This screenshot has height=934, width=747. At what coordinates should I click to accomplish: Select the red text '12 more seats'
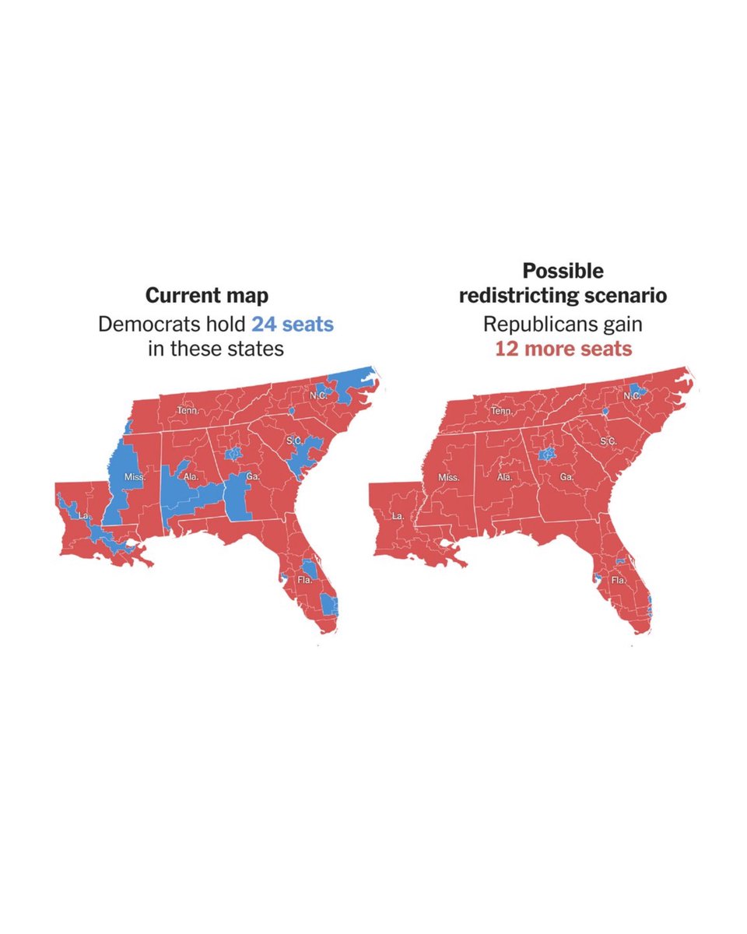(563, 348)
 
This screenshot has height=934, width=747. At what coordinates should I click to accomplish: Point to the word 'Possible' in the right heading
(563, 271)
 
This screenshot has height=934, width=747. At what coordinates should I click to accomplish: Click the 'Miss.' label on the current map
(134, 476)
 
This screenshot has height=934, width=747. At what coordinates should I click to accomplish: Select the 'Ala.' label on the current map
(190, 476)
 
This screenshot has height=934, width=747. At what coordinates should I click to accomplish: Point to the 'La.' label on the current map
(83, 516)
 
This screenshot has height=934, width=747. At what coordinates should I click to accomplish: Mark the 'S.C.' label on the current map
(294, 441)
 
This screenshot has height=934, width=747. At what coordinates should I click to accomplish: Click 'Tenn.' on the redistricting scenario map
(502, 409)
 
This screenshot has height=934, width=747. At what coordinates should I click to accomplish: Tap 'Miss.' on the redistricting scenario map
(449, 476)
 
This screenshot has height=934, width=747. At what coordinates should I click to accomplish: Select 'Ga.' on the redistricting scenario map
(566, 476)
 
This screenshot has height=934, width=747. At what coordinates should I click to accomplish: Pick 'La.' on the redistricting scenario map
(397, 516)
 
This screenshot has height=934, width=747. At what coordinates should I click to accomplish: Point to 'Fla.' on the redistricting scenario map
(619, 581)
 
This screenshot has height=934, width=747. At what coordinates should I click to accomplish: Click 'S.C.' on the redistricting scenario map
(608, 441)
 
